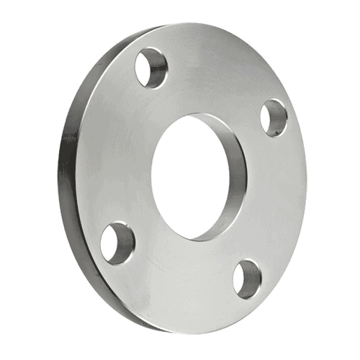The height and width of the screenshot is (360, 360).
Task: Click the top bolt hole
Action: [150, 66]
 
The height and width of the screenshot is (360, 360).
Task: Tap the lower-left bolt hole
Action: [114, 243]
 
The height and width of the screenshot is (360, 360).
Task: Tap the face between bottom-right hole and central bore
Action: [223, 248]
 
